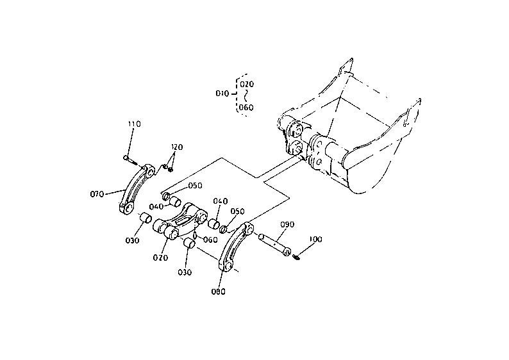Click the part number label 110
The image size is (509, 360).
(x=134, y=124)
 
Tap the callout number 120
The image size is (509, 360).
(x=177, y=147)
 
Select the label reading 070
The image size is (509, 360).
(x=97, y=194)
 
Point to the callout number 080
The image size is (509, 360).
(x=218, y=291)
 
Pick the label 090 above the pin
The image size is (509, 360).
(x=287, y=224)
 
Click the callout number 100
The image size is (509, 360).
(x=315, y=240)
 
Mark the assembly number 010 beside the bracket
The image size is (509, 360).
(x=222, y=94)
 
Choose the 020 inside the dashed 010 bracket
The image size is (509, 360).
(x=247, y=85)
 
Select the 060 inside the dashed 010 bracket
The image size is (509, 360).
(x=246, y=108)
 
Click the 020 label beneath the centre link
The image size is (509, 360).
(x=160, y=258)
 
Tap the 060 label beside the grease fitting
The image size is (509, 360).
(x=210, y=240)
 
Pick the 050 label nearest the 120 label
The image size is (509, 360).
(x=195, y=186)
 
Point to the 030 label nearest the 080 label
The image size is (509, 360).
(x=185, y=272)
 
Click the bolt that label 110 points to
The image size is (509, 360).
(x=130, y=160)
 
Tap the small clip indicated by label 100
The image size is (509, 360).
(x=296, y=258)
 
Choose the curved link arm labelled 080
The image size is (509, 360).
(x=235, y=247)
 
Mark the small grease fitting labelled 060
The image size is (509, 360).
(x=195, y=234)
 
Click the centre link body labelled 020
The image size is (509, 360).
(x=181, y=222)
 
